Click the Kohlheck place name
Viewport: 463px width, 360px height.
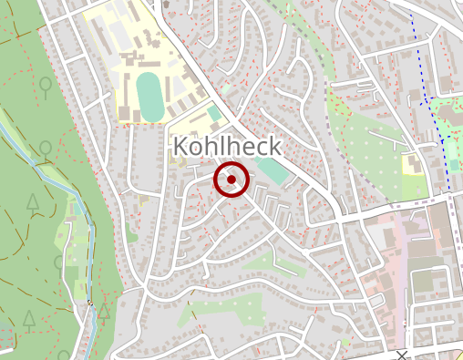[227, 147]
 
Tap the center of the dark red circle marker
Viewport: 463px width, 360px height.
[231, 180]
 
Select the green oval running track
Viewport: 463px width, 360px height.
[148, 95]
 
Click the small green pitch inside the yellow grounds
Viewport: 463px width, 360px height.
[213, 114]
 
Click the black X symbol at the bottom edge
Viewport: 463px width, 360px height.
[402, 354]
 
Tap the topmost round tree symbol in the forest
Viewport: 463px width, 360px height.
[45, 86]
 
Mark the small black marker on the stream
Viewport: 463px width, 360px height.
[90, 303]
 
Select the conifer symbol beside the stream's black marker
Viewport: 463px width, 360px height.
[105, 311]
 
